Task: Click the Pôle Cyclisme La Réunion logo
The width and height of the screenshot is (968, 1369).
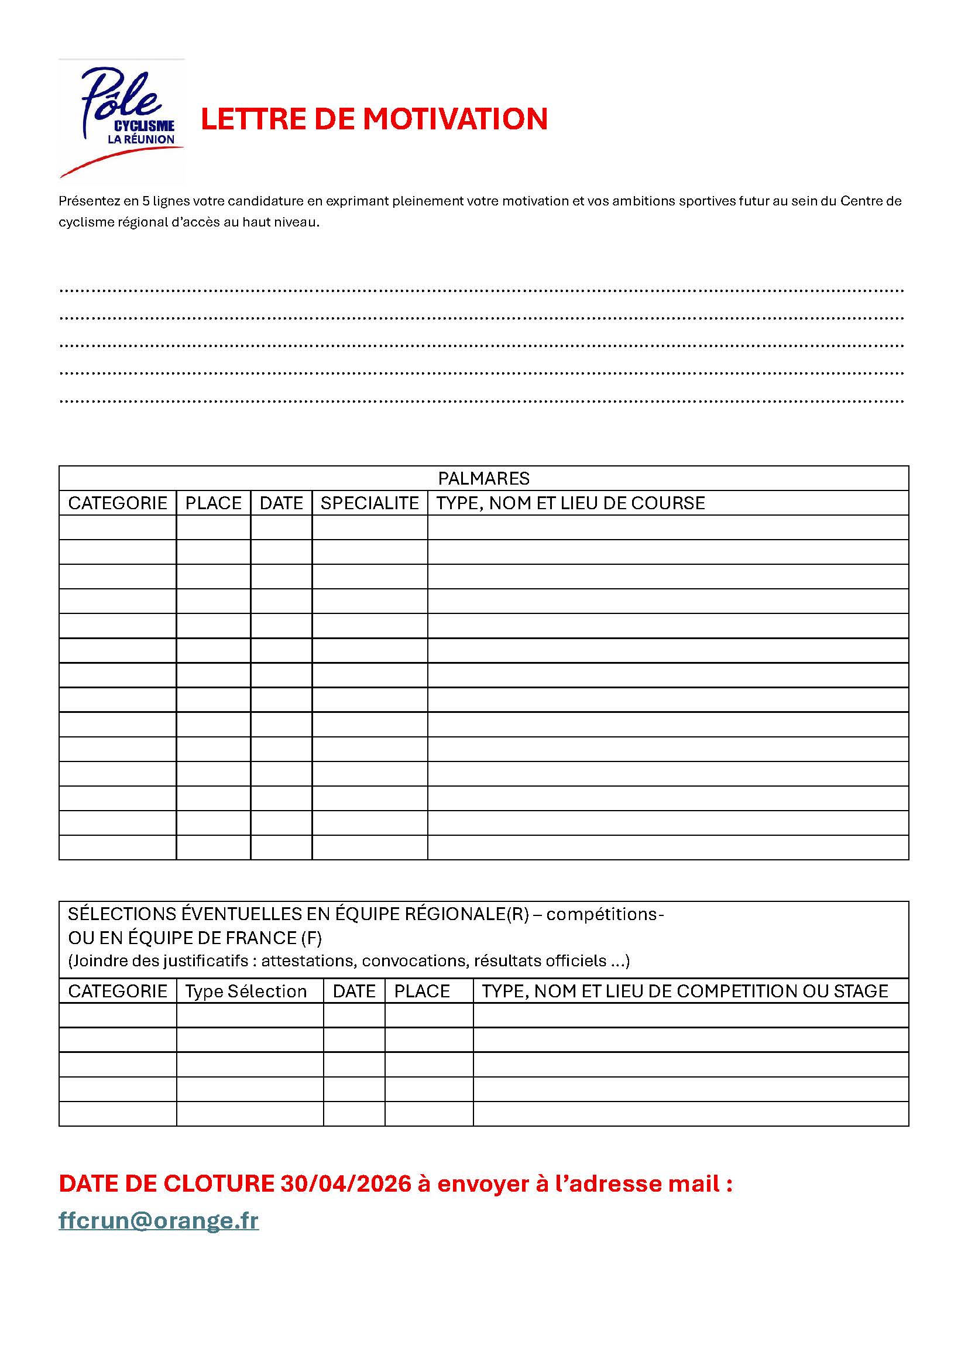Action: pyautogui.click(x=122, y=119)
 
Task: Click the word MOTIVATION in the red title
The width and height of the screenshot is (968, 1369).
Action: pyautogui.click(x=455, y=119)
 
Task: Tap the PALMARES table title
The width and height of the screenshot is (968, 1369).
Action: pyautogui.click(x=483, y=478)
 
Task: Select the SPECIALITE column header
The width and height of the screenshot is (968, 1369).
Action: pyautogui.click(x=369, y=503)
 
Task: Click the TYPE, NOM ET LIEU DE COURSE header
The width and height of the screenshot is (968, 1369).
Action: pyautogui.click(x=571, y=503)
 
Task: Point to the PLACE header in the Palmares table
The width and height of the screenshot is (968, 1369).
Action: pyautogui.click(x=214, y=503)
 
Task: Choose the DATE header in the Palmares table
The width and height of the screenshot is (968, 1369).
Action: pyautogui.click(x=282, y=503)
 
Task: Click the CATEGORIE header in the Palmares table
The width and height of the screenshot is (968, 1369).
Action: pyautogui.click(x=118, y=503)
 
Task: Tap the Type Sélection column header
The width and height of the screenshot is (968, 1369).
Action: pyautogui.click(x=246, y=991)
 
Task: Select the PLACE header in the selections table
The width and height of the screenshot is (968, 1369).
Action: pyautogui.click(x=422, y=991)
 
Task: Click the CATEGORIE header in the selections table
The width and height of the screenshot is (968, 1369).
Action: pyautogui.click(x=118, y=991)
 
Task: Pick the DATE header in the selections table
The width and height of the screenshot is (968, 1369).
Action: pyautogui.click(x=354, y=991)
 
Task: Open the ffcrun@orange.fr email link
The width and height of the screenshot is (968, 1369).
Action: pyautogui.click(x=159, y=1220)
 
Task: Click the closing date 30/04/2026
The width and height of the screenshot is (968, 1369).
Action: pyautogui.click(x=346, y=1183)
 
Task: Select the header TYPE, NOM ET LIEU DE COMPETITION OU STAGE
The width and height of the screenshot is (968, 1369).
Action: pyautogui.click(x=685, y=991)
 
